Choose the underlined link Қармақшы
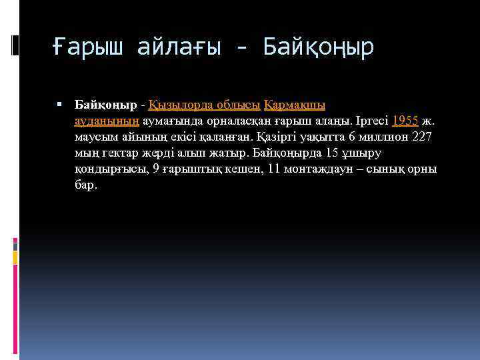click(295, 105)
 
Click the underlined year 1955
click(405, 121)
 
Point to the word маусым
click(95, 137)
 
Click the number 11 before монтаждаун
click(273, 169)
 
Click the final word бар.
click(86, 185)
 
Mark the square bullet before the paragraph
click(60, 105)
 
